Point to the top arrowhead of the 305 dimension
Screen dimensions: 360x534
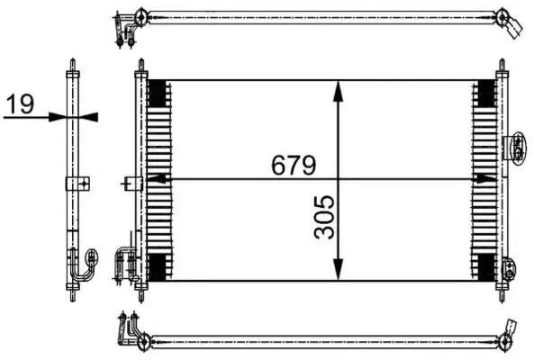point(337,88)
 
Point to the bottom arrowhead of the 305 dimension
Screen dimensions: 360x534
point(337,272)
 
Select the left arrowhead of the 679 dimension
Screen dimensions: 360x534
point(153,179)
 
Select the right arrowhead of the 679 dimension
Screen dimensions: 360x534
point(492,179)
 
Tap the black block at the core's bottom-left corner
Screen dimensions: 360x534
point(157,266)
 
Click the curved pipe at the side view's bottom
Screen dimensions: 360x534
point(86,263)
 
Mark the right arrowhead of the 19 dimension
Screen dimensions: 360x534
point(86,116)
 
